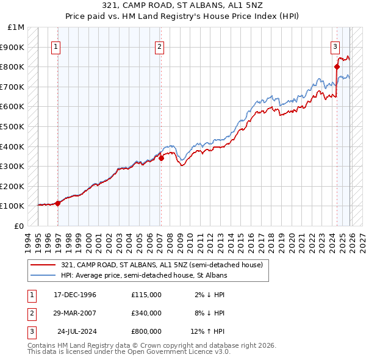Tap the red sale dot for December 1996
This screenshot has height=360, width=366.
coord(58,203)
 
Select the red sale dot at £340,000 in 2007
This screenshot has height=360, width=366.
coord(161,158)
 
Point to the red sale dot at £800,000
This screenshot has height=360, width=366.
coord(337,67)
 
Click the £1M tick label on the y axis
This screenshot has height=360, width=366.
coord(16,27)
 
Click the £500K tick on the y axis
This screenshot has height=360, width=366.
coord(13,126)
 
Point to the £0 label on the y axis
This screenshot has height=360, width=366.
coord(20,226)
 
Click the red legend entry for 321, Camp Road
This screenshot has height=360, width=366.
coord(162,265)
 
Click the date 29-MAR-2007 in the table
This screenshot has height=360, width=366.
coord(74,313)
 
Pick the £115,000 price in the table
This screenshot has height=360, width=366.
coord(146,295)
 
